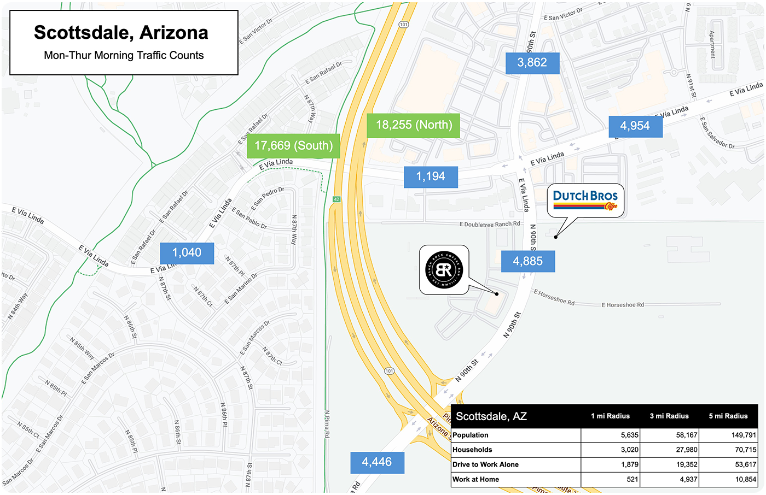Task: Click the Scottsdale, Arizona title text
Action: [x=121, y=33]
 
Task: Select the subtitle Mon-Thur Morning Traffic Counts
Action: [x=124, y=55]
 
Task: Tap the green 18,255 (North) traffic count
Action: [x=414, y=125]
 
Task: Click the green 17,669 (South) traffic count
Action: [x=293, y=146]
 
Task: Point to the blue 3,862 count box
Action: [x=532, y=63]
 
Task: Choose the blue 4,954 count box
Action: [x=635, y=126]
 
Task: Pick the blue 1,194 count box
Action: [x=431, y=176]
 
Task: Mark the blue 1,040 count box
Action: [x=187, y=253]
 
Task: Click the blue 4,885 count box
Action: [x=528, y=261]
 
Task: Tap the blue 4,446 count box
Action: [x=377, y=462]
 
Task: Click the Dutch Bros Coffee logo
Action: [x=585, y=199]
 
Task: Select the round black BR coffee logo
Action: [x=444, y=270]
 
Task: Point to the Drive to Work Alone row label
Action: [x=486, y=464]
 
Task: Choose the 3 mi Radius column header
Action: [x=669, y=416]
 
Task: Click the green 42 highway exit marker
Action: [x=336, y=199]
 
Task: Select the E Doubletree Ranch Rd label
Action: [x=490, y=225]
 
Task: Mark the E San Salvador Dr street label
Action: [x=717, y=133]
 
